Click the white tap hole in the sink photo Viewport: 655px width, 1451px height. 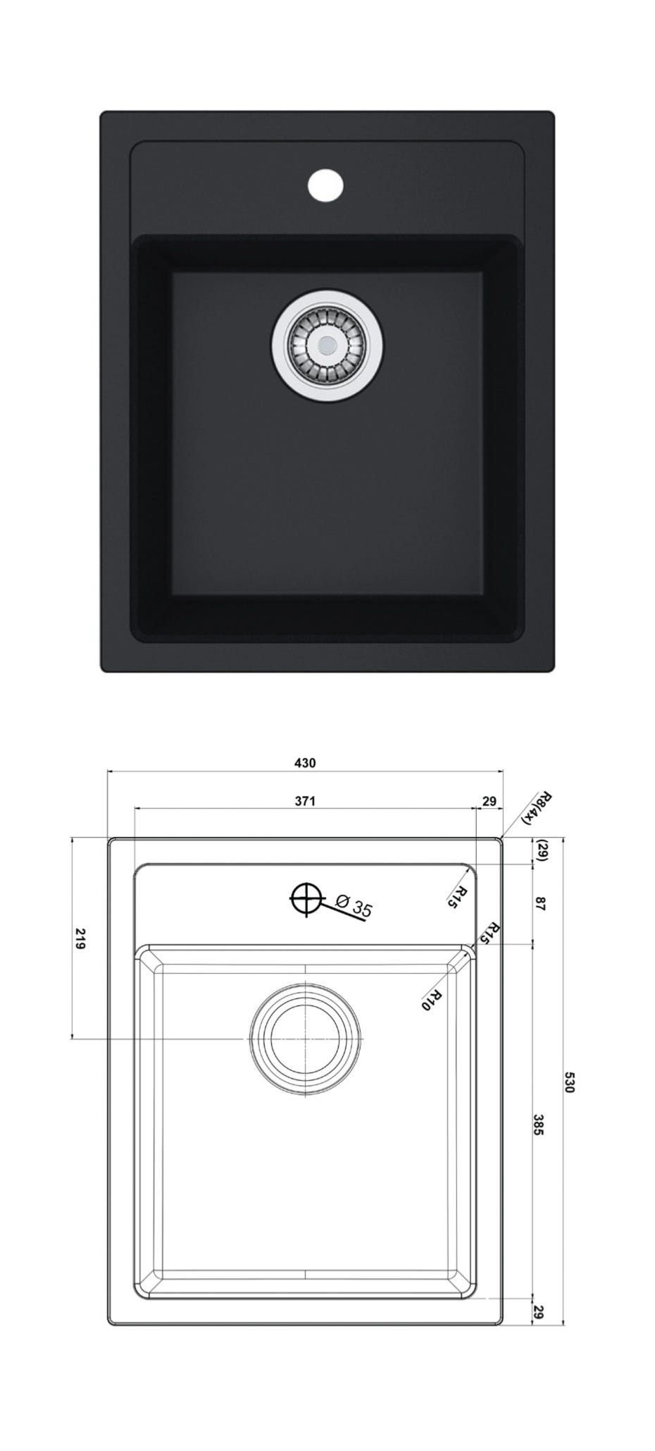click(325, 185)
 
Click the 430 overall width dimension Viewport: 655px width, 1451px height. click(306, 763)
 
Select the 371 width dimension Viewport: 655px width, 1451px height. click(304, 801)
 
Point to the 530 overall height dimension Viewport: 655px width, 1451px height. click(570, 1082)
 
